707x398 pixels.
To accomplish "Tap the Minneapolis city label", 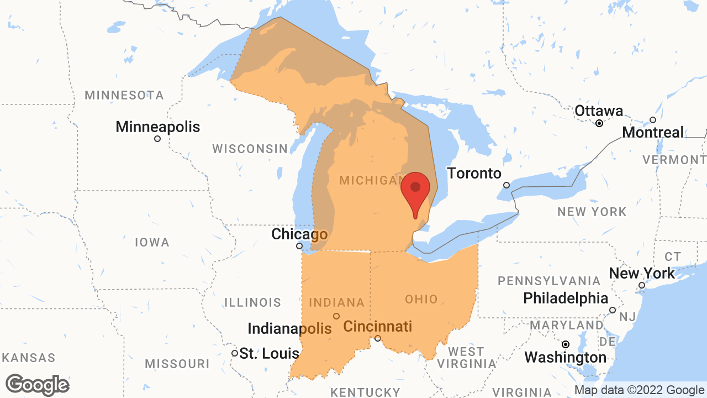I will click(157, 127).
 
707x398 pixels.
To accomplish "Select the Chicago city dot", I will click(299, 246).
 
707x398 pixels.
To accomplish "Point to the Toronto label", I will click(474, 173).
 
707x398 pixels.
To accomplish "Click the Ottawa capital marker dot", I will click(599, 123).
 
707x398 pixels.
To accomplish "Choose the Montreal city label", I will click(653, 133).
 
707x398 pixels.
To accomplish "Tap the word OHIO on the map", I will click(421, 300).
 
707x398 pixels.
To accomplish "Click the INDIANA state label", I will click(336, 302).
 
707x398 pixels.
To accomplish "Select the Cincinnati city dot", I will click(378, 338).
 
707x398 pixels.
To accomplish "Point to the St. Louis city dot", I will click(235, 353).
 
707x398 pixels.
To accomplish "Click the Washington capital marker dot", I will click(566, 344).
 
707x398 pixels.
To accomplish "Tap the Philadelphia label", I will click(566, 298).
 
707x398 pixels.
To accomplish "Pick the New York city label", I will click(642, 273).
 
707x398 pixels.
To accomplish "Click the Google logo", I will click(37, 385).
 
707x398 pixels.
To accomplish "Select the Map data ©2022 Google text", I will click(639, 390).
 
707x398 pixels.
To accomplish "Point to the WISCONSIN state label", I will click(250, 149).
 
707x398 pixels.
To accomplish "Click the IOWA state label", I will click(152, 242).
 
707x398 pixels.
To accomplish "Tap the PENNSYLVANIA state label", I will click(549, 281).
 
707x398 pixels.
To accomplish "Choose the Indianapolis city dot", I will click(336, 316).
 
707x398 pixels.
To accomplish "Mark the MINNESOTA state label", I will click(124, 95).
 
